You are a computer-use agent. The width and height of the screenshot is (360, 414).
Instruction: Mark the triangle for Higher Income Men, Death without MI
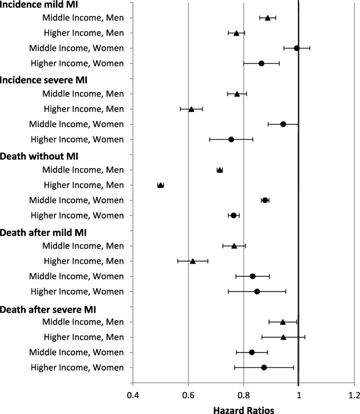click(x=160, y=185)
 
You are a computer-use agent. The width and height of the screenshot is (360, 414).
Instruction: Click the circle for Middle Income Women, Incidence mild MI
click(x=296, y=48)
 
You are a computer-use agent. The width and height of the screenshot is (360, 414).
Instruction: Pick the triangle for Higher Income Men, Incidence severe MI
click(x=191, y=109)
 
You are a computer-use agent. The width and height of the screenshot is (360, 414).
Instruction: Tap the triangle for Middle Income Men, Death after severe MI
click(x=283, y=322)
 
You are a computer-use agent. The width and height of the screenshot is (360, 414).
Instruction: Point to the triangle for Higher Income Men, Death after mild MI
click(x=192, y=261)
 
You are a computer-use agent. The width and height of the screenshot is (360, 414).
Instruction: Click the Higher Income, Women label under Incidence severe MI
click(x=77, y=139)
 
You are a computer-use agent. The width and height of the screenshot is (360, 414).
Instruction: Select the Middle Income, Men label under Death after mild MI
click(x=83, y=245)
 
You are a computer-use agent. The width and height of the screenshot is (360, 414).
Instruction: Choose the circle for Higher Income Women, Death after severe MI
click(x=264, y=367)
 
